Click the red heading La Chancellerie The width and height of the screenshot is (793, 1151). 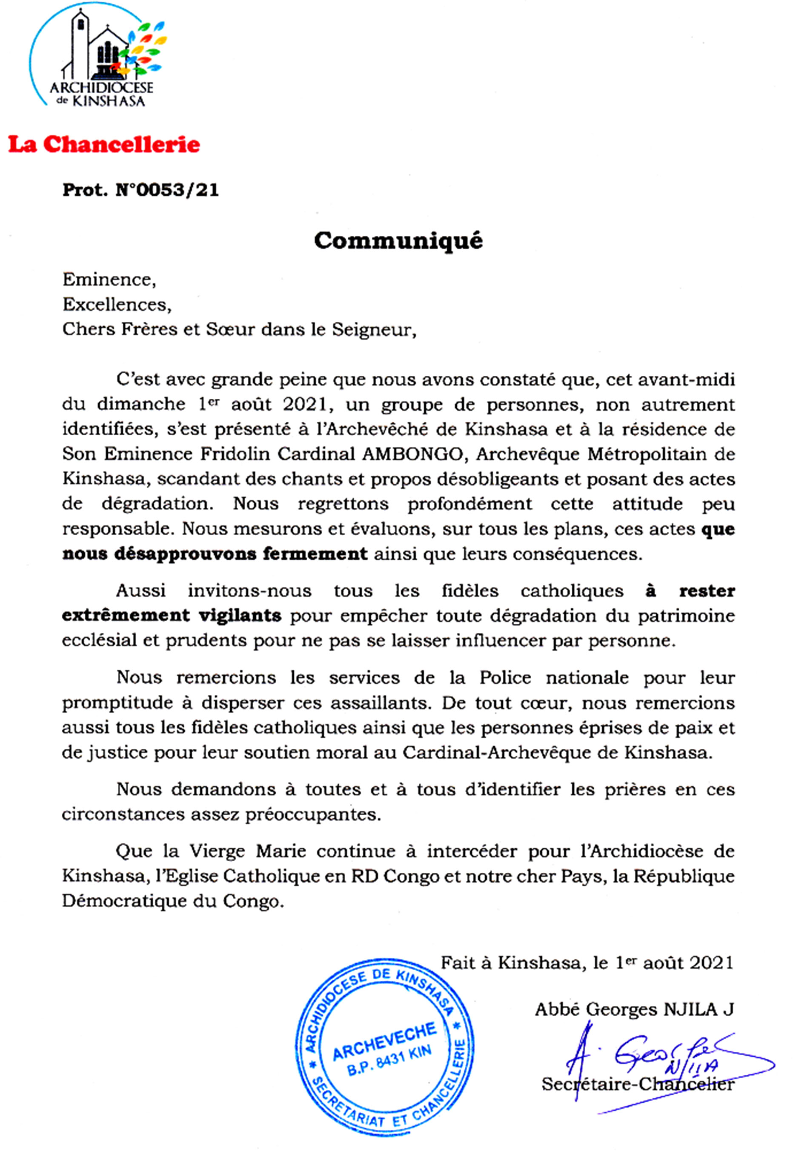tap(104, 145)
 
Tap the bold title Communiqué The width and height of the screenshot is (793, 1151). tap(398, 241)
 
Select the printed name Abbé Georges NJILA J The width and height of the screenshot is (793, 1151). tap(634, 1009)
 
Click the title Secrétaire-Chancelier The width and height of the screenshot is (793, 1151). tap(638, 1084)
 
